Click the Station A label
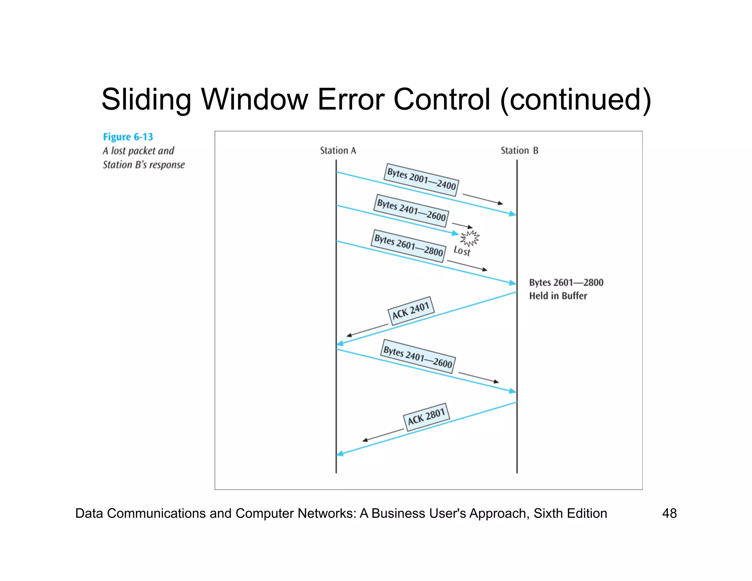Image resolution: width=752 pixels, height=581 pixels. [338, 151]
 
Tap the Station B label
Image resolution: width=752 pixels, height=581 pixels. [519, 151]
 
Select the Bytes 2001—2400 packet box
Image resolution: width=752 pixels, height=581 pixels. [421, 180]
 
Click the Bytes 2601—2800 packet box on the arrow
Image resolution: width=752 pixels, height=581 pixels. [408, 246]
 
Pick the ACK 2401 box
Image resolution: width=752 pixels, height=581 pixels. [411, 311]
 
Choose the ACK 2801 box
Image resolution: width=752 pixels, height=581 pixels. [426, 417]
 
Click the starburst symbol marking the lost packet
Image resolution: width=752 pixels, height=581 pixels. [470, 238]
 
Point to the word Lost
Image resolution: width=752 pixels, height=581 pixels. [462, 251]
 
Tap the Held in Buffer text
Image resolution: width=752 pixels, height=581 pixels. [558, 296]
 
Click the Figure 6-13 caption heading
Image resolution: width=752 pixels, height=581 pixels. [128, 137]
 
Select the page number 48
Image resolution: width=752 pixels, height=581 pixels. [669, 513]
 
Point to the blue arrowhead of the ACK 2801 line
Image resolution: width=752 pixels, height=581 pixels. [340, 454]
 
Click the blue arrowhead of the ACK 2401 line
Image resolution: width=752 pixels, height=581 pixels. [340, 343]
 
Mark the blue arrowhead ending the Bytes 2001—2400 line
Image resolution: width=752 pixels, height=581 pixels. [513, 214]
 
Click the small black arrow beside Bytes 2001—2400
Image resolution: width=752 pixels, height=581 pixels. [482, 199]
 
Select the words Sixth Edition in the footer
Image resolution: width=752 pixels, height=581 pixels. [570, 513]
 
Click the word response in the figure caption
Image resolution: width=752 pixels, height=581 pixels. [167, 165]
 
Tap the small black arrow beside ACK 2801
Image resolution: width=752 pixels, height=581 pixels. [383, 435]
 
